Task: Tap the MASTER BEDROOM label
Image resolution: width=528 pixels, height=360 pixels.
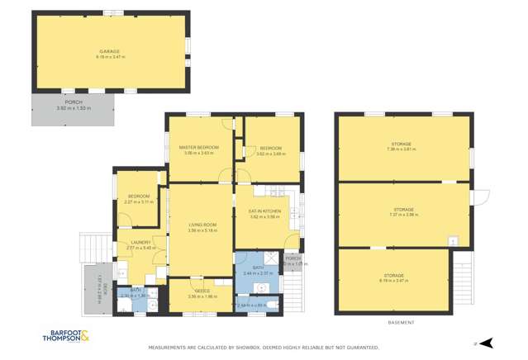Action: [x=198, y=147]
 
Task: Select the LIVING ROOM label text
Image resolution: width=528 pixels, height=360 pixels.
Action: [x=202, y=225]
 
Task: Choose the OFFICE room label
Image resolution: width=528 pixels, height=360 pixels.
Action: [x=201, y=291]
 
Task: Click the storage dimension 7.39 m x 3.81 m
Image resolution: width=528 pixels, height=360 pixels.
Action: [x=402, y=149]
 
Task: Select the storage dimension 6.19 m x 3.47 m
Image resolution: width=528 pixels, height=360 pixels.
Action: [x=393, y=281]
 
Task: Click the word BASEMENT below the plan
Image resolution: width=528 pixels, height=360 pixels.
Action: [x=402, y=321]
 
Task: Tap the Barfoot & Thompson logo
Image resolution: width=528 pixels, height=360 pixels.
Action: [x=73, y=337]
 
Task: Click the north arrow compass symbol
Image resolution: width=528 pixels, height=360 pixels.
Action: [x=488, y=342]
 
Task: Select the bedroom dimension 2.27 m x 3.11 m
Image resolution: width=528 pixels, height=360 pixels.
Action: [x=138, y=201]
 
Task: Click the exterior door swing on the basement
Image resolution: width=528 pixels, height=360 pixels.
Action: [x=481, y=198]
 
